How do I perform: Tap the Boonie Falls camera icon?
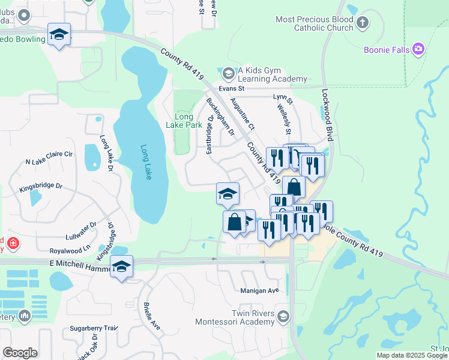(419, 49)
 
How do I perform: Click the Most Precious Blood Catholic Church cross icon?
(362, 23)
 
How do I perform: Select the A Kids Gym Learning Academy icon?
(228, 74)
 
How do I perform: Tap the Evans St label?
(233, 88)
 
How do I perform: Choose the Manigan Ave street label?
(261, 291)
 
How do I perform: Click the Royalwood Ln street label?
(70, 247)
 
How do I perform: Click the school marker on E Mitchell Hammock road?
(121, 266)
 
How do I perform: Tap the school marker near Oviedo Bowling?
(59, 34)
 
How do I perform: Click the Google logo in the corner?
(20, 353)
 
